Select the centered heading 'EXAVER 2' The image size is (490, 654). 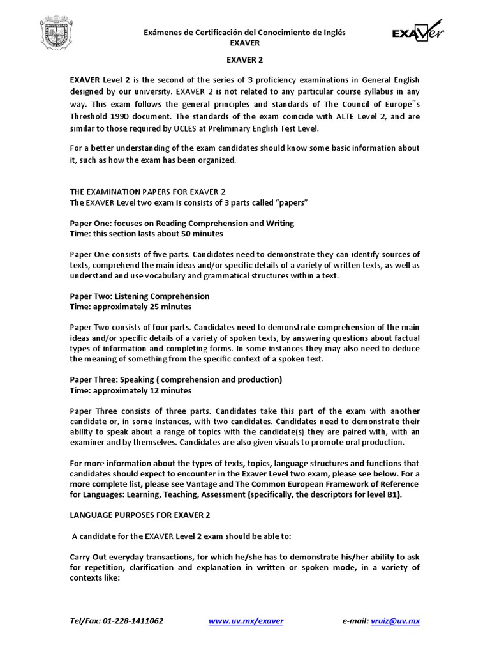245,60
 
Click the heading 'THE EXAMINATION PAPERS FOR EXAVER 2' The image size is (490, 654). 147,192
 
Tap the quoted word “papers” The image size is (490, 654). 290,202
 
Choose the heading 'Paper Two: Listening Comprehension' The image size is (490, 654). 139,296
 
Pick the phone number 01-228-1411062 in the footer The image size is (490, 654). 133,621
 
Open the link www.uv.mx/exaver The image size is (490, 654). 246,621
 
